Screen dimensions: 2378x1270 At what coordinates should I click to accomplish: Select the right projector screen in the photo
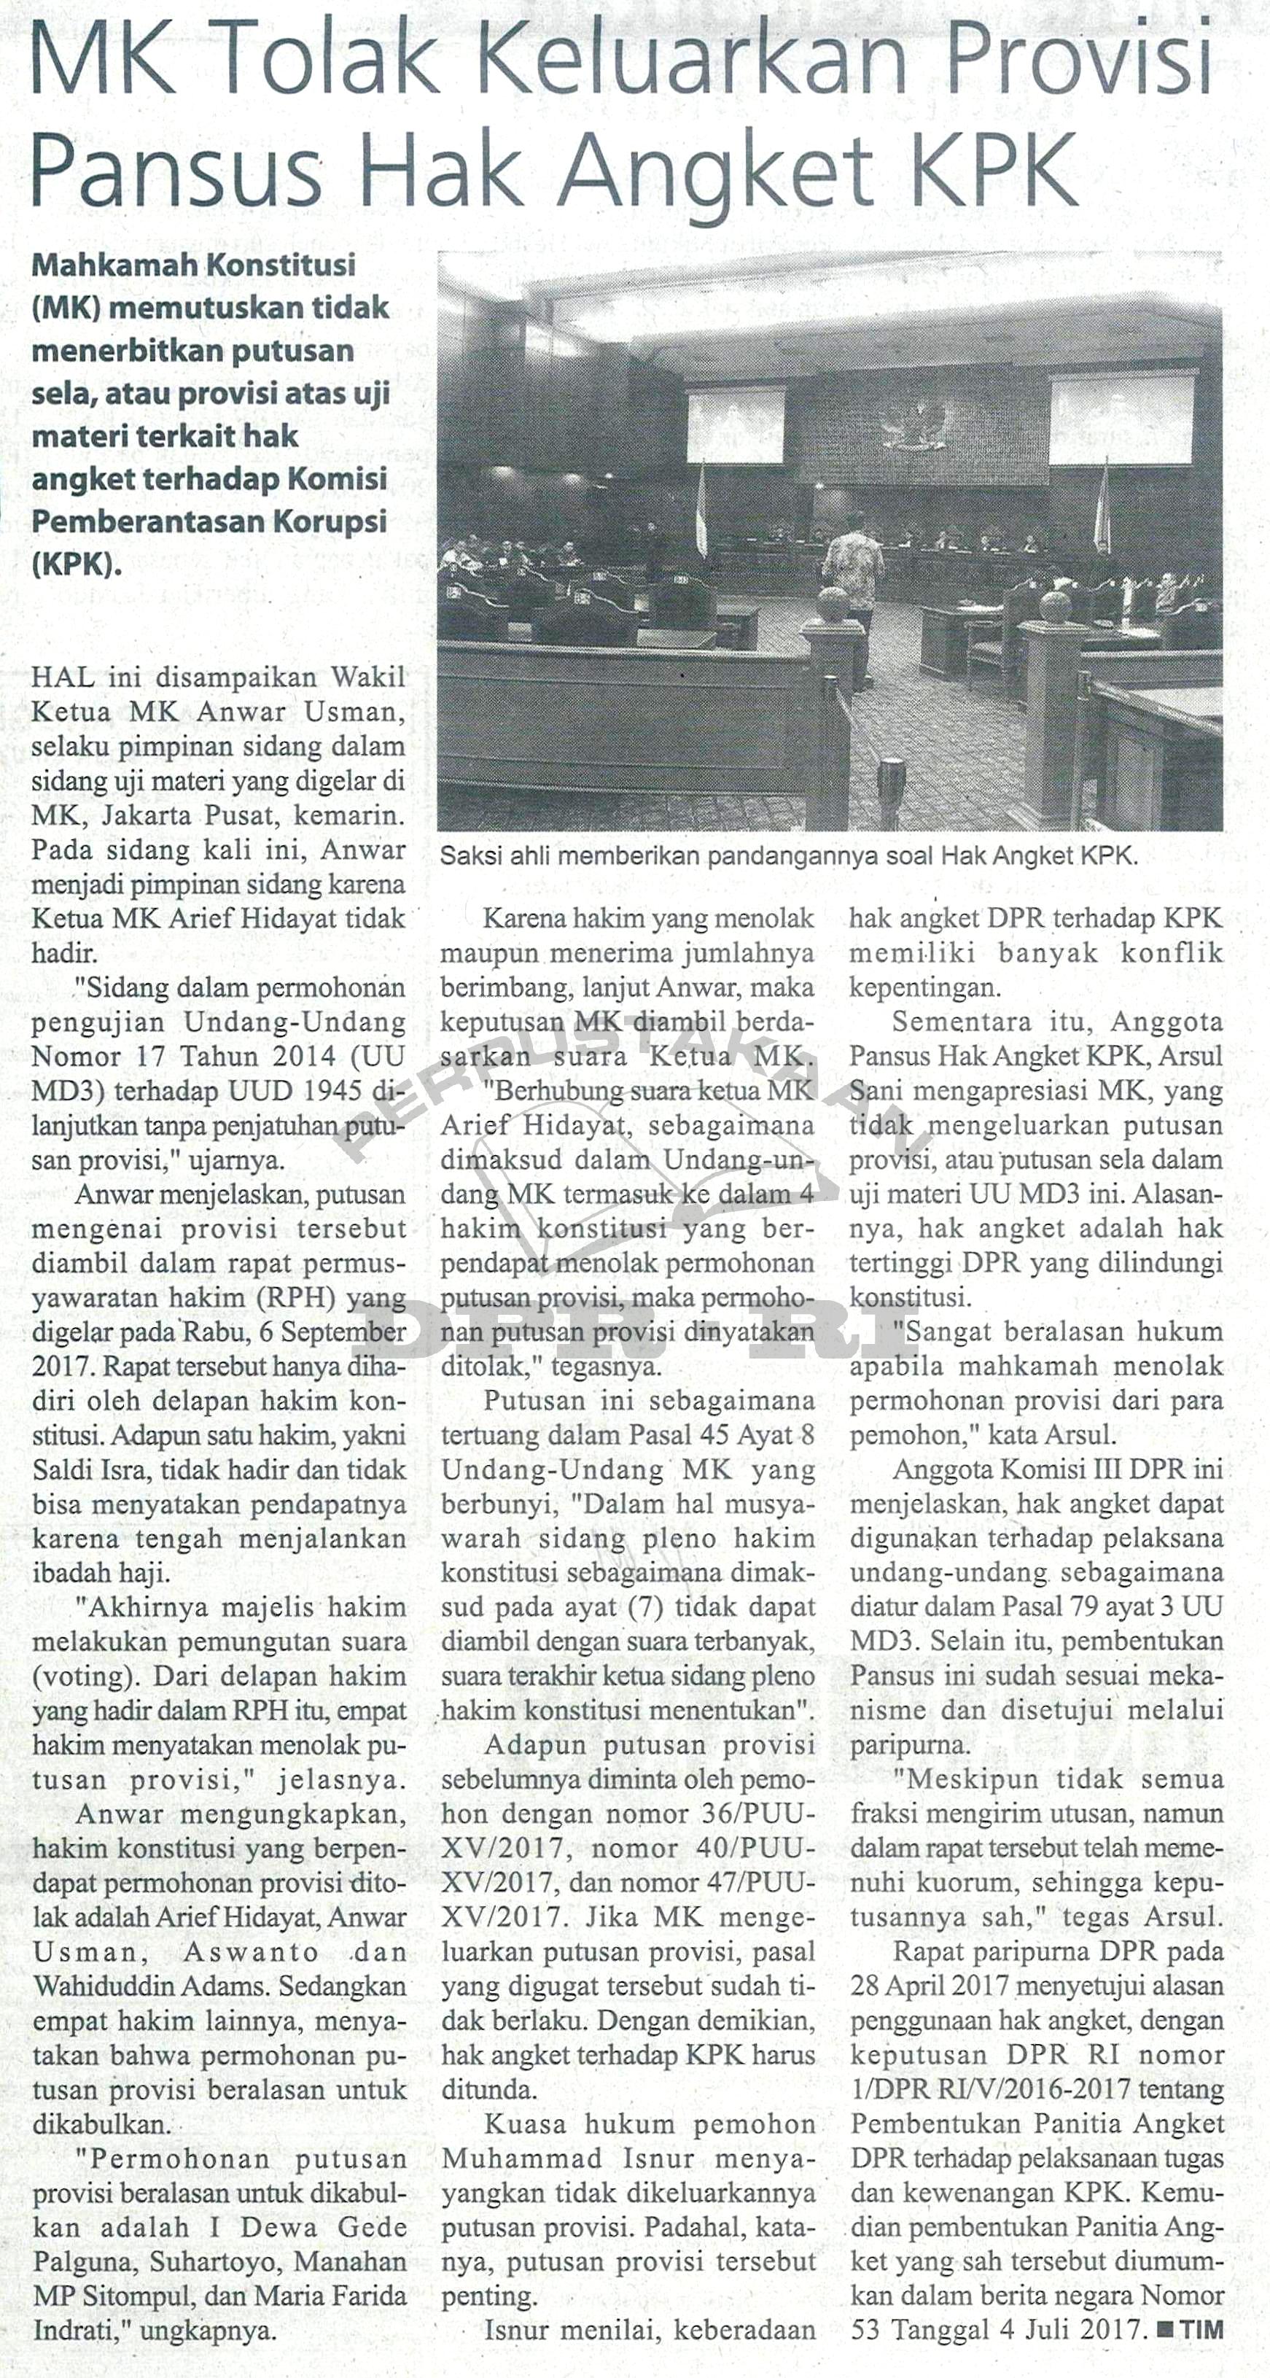(1108, 417)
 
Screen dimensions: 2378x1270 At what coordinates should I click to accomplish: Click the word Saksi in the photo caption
(466, 856)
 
